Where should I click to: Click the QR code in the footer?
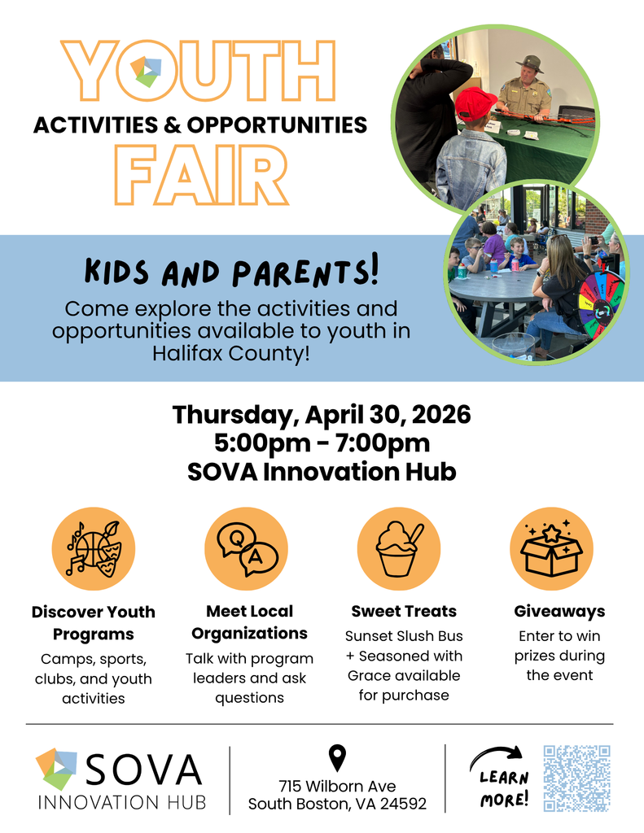point(576,778)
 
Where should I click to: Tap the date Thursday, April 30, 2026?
point(322,415)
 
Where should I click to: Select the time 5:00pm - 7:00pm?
point(322,443)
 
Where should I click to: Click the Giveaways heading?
point(559,611)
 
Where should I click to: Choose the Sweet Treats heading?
point(404,611)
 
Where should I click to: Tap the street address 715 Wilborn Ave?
point(337,786)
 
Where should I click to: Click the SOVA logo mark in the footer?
point(56,769)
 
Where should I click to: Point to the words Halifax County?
point(231,354)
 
